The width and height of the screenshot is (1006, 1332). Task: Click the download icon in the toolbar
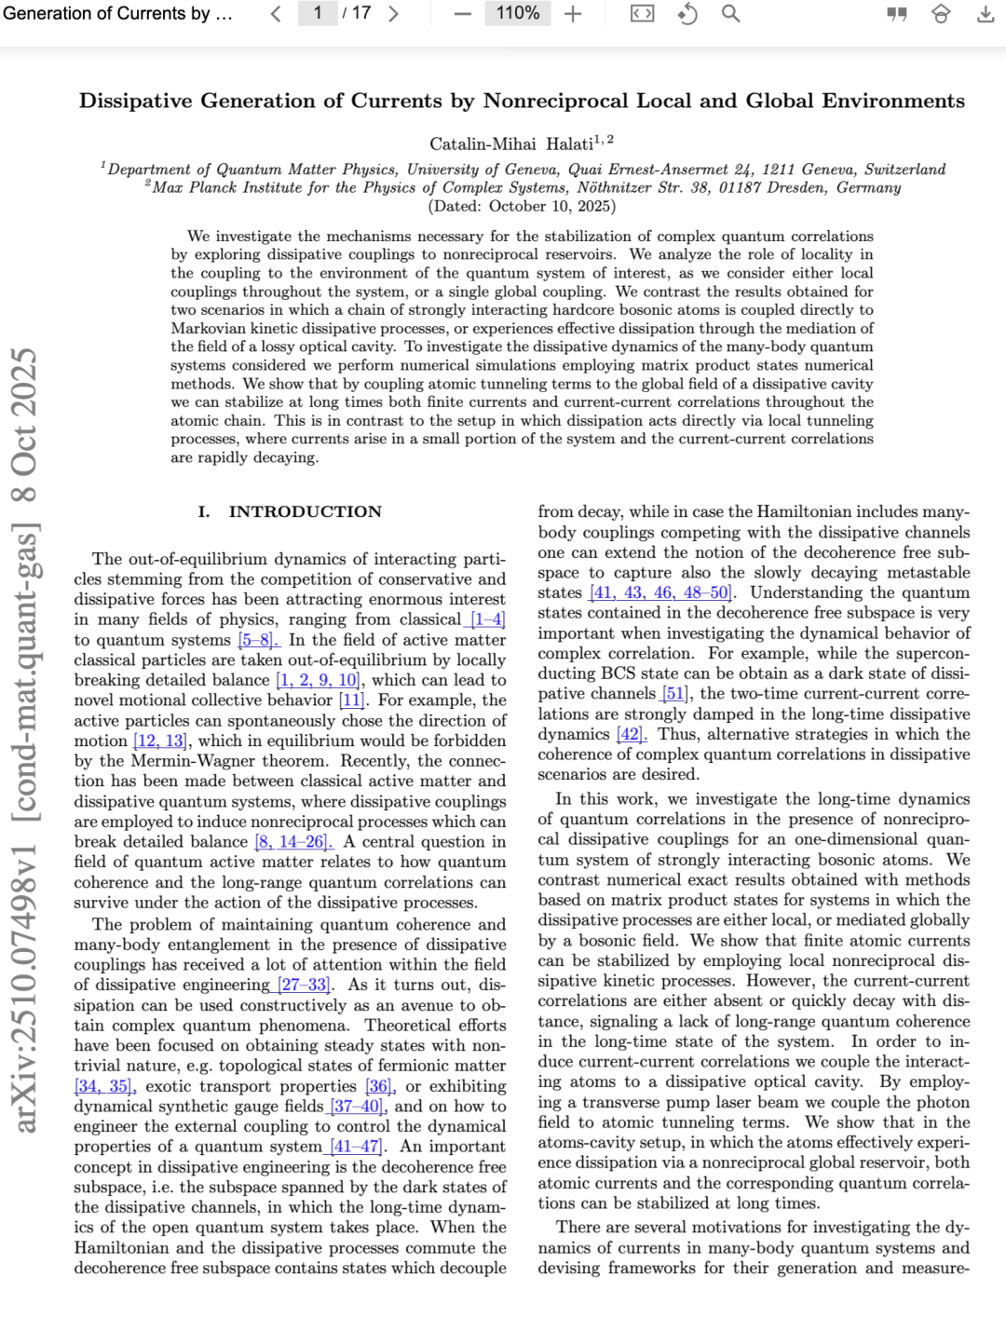point(986,14)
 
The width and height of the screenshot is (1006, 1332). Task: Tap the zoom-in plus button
point(573,14)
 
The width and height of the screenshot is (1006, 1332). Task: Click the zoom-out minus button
point(463,14)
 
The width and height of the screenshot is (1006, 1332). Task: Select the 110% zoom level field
point(517,13)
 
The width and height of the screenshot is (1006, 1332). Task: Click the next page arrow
point(393,14)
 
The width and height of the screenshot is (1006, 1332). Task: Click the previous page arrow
point(276,14)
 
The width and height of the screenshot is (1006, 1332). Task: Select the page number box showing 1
point(318,13)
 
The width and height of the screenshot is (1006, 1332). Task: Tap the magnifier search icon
point(731,14)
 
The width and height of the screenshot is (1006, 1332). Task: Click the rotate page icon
point(687,14)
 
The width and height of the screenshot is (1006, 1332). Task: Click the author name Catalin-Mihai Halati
point(510,143)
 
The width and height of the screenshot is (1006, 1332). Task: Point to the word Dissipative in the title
point(135,101)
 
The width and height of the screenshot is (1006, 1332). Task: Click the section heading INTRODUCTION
point(305,511)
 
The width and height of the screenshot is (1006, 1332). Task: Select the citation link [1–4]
point(487,619)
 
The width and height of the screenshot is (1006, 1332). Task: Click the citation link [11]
point(352,700)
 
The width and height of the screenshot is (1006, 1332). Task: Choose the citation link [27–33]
point(306,985)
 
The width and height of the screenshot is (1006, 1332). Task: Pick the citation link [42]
point(631,734)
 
